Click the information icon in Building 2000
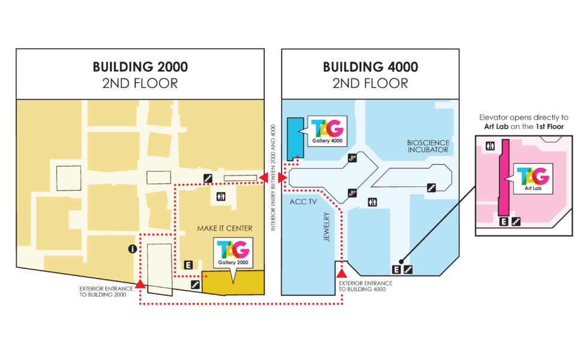[x=132, y=249]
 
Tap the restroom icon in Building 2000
[x=221, y=196]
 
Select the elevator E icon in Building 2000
[x=188, y=265]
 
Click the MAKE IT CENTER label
[x=225, y=228]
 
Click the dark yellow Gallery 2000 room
[x=233, y=283]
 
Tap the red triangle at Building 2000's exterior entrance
[x=140, y=284]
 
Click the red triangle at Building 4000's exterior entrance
[x=341, y=273]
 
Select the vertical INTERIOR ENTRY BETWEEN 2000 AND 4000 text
[x=273, y=177]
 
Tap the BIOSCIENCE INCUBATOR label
[x=428, y=146]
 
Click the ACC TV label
[x=303, y=202]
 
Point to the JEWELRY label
[x=326, y=227]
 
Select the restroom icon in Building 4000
[x=372, y=202]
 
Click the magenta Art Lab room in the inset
[x=504, y=178]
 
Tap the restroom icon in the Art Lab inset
[x=490, y=146]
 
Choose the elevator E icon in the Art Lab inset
[x=504, y=222]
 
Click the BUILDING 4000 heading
[x=370, y=67]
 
